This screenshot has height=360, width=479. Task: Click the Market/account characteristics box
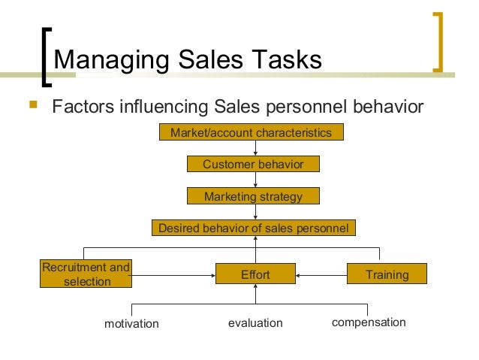(x=251, y=133)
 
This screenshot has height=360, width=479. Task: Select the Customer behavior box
(x=253, y=165)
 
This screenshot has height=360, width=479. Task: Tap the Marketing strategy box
(x=253, y=197)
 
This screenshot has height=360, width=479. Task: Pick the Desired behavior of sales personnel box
(x=253, y=228)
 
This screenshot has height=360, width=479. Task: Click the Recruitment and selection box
(x=86, y=274)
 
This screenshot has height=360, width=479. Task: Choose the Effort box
(x=255, y=275)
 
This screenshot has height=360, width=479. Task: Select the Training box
(x=387, y=274)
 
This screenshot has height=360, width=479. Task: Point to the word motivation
(x=131, y=324)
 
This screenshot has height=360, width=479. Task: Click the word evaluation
(x=255, y=323)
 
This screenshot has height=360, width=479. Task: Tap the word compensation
(x=369, y=322)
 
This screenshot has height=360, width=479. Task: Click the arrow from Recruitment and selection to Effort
(x=173, y=276)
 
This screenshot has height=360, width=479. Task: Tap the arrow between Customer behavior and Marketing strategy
(x=256, y=180)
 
